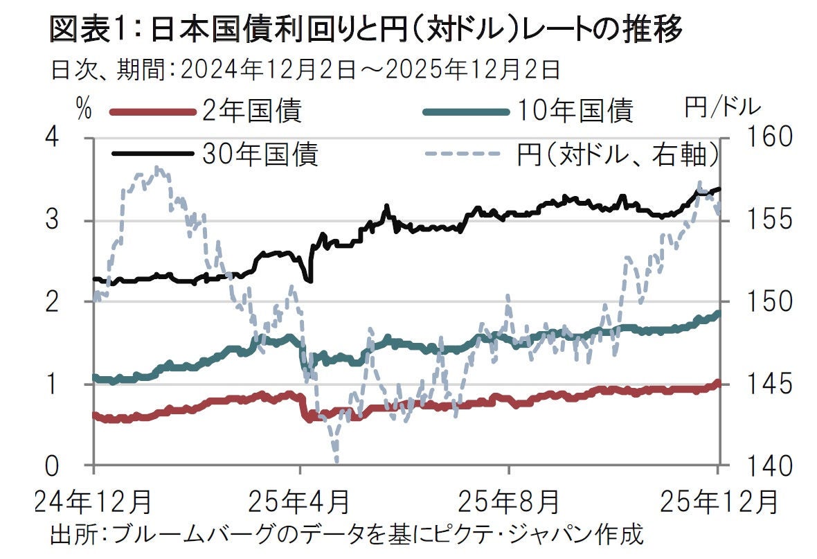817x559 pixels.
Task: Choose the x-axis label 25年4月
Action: (x=300, y=500)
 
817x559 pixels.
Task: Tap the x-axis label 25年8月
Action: (x=509, y=500)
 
